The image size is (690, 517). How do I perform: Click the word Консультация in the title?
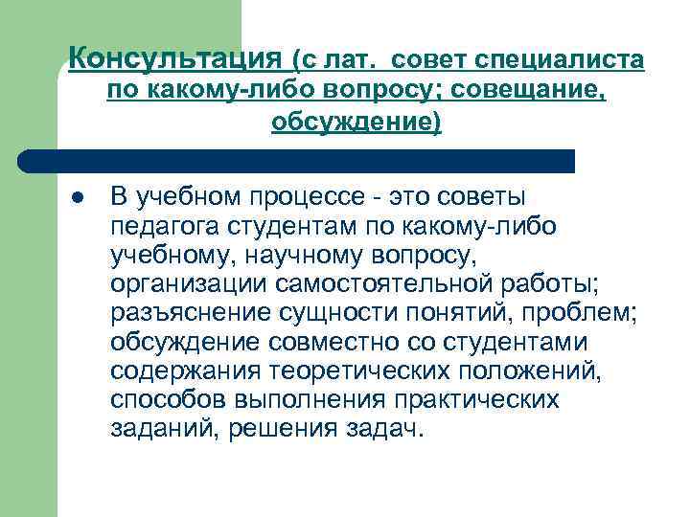pyautogui.click(x=177, y=59)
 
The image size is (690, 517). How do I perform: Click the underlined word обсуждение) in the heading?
pyautogui.click(x=356, y=123)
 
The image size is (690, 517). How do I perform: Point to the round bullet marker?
pyautogui.click(x=78, y=197)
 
